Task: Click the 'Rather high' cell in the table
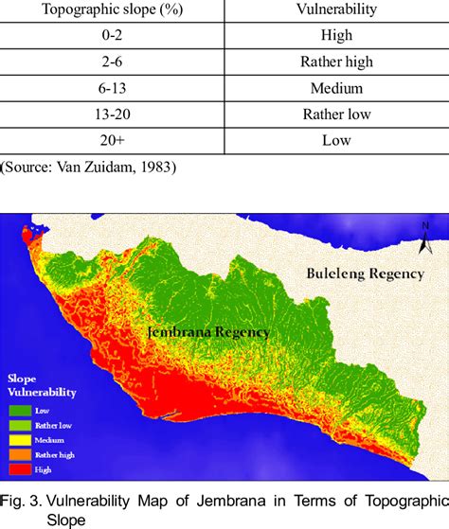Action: [x=336, y=62]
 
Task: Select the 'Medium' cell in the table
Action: [x=336, y=88]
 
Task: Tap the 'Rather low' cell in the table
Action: [x=336, y=115]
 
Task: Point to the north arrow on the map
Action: [x=426, y=231]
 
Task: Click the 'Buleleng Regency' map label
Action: [x=365, y=274]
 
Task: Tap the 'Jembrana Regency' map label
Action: [x=208, y=332]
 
